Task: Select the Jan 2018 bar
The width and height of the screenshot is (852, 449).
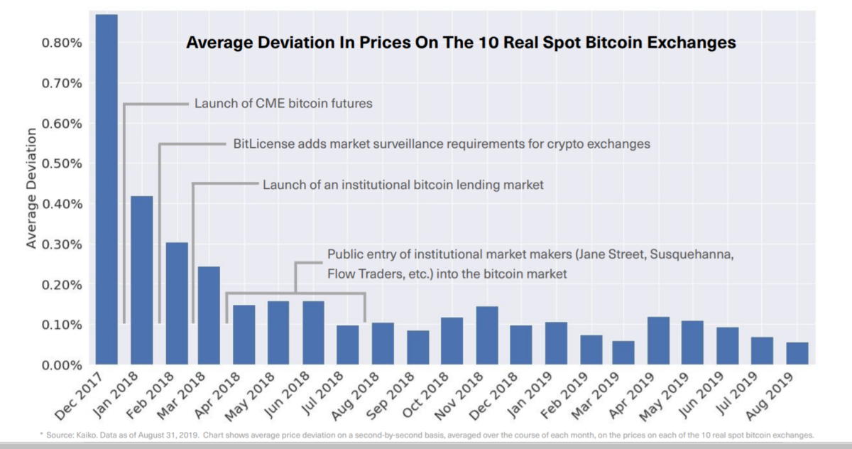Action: pyautogui.click(x=141, y=281)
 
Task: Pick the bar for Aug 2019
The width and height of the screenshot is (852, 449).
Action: pyautogui.click(x=797, y=354)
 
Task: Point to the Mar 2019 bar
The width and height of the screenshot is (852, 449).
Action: pyautogui.click(x=623, y=353)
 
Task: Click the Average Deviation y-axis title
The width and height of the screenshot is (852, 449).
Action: pyautogui.click(x=32, y=188)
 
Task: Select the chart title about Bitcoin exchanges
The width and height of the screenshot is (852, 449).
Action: pyautogui.click(x=461, y=43)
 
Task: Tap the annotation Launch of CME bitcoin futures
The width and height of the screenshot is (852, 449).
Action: pyautogui.click(x=283, y=104)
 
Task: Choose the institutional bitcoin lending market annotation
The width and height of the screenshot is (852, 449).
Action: pyautogui.click(x=403, y=185)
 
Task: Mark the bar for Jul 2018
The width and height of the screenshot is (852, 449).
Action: pyautogui.click(x=348, y=345)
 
